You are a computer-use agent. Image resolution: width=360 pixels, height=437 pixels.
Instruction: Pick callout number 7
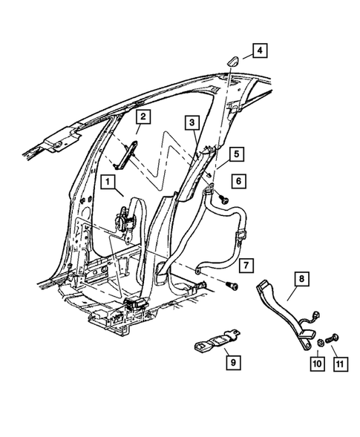(246, 265)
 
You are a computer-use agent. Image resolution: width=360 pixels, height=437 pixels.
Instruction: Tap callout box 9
(232, 362)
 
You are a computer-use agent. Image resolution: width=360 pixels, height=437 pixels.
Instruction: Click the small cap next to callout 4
(230, 62)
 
